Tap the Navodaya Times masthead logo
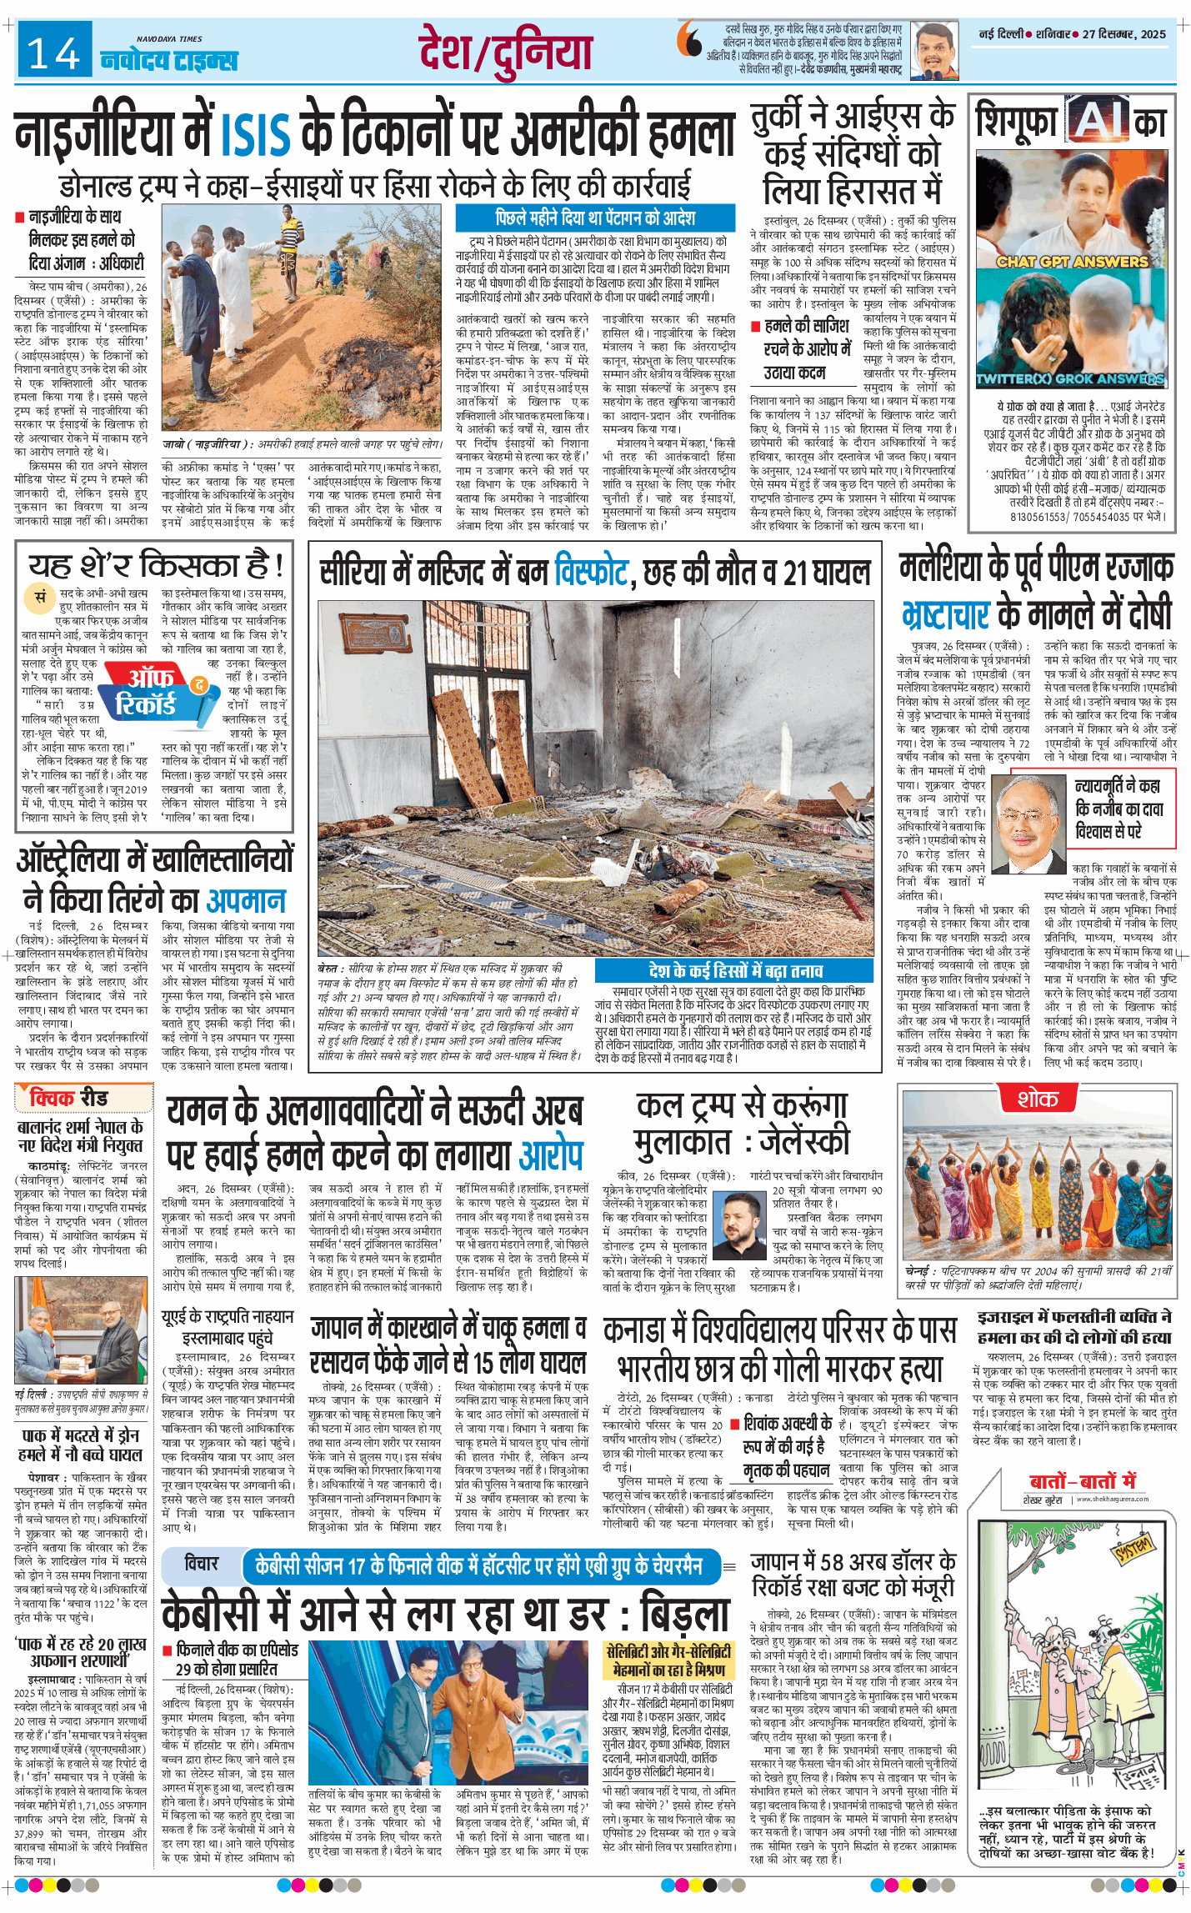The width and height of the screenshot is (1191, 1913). [169, 58]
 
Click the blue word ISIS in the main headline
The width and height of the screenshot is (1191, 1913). [256, 134]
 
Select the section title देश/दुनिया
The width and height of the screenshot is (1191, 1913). [505, 52]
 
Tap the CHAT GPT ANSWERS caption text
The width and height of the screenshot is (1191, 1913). [1072, 262]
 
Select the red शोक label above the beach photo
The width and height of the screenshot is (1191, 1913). [1037, 1099]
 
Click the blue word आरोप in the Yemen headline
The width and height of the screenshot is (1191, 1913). [550, 1155]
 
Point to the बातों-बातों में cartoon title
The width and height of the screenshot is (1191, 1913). [1082, 1481]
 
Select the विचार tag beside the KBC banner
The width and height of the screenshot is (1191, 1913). [201, 1563]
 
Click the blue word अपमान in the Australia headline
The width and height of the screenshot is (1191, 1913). [246, 900]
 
